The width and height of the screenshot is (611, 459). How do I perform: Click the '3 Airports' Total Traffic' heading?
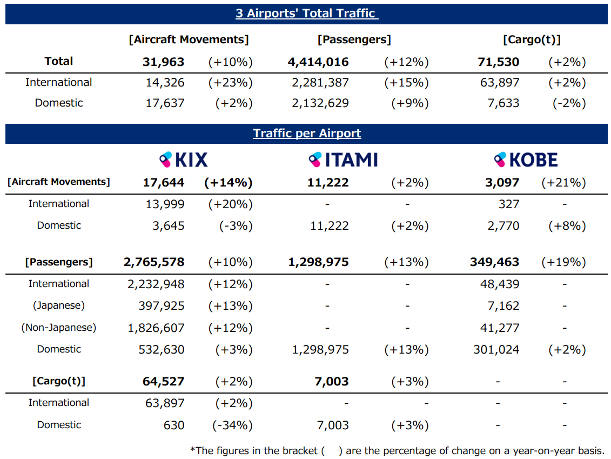click(x=306, y=14)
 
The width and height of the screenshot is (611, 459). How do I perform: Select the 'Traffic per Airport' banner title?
click(x=307, y=134)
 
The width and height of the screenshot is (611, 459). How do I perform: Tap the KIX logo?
click(x=184, y=159)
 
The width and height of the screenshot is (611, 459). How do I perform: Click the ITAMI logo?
click(x=343, y=159)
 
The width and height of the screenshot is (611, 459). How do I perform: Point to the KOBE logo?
click(x=526, y=159)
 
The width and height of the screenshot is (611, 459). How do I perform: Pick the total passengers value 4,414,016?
click(x=318, y=62)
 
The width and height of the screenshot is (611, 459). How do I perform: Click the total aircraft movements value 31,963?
click(x=163, y=62)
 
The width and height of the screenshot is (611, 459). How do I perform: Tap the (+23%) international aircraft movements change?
click(x=231, y=83)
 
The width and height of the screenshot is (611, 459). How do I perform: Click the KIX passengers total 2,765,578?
click(x=154, y=262)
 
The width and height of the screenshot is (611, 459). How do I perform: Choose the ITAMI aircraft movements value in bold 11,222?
click(x=328, y=183)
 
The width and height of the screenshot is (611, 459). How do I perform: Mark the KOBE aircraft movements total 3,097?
click(x=502, y=183)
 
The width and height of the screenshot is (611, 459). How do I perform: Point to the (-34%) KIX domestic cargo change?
click(x=231, y=425)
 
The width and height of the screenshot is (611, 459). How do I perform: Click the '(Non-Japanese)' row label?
click(x=59, y=328)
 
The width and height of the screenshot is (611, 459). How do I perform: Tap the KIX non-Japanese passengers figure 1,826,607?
click(x=156, y=328)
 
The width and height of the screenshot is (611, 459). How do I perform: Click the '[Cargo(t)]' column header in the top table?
click(x=532, y=39)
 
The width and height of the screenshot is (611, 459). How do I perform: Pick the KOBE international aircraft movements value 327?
click(x=509, y=204)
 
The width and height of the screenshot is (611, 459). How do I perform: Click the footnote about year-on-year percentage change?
click(x=397, y=451)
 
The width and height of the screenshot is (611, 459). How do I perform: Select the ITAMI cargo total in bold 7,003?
click(x=331, y=382)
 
